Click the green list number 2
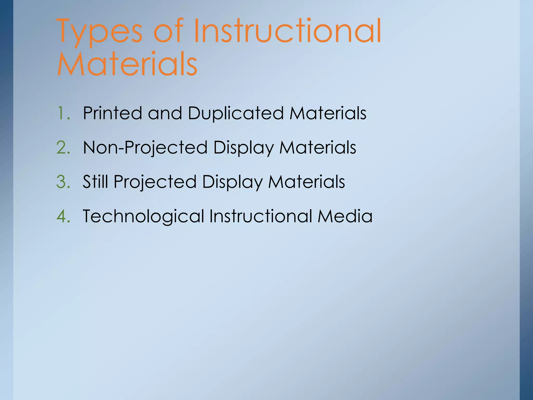63,148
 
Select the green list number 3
63,182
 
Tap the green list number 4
63,216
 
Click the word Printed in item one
112,113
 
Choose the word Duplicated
236,113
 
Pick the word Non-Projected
145,148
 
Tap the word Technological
143,216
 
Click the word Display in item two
243,148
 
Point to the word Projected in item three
155,182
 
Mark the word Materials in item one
328,113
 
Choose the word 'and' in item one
165,113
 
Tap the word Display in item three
232,182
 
